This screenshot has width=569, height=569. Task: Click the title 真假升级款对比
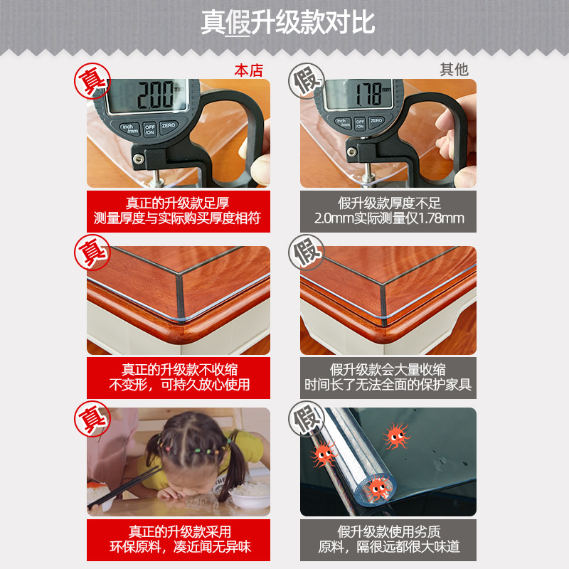click(x=287, y=23)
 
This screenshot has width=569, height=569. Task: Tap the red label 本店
click(x=248, y=70)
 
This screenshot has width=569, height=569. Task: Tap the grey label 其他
click(x=454, y=69)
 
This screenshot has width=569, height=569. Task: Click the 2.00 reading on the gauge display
click(x=155, y=95)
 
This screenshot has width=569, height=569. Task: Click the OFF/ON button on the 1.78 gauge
click(x=360, y=124)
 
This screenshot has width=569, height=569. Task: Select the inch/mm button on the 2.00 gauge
click(x=130, y=129)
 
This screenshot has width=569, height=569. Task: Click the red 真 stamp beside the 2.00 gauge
click(x=92, y=81)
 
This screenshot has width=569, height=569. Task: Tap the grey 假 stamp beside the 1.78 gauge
click(x=307, y=81)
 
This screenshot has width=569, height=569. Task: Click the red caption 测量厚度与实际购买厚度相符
click(x=177, y=218)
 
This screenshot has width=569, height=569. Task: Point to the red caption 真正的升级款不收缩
click(x=179, y=369)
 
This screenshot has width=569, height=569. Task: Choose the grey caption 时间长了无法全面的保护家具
click(x=388, y=385)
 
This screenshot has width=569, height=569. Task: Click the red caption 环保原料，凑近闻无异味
click(x=180, y=547)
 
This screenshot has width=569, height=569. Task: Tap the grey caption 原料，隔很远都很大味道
click(x=389, y=546)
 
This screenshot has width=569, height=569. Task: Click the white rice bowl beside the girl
click(x=250, y=494)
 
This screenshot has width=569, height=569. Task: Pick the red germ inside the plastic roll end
click(x=378, y=489)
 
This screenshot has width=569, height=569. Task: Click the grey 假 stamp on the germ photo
click(x=307, y=419)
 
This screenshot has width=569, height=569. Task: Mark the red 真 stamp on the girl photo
click(x=92, y=419)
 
